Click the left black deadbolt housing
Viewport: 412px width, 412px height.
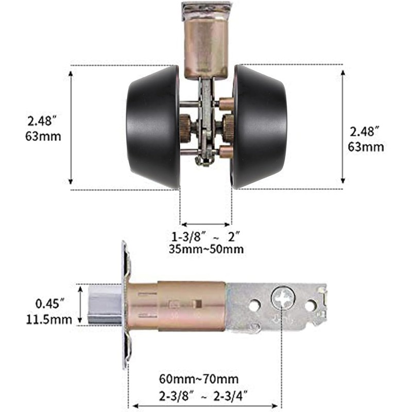click(153, 127)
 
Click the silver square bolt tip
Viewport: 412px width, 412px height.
click(105, 305)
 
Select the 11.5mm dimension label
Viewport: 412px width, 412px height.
click(49, 320)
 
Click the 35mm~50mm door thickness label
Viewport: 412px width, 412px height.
click(206, 249)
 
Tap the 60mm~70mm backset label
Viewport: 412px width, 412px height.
click(199, 379)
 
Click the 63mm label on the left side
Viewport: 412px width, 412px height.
click(43, 136)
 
